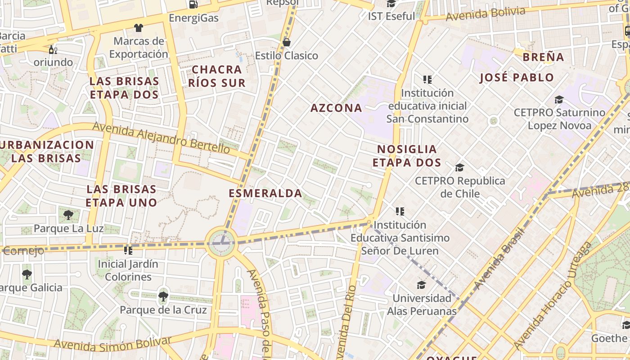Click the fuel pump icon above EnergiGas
pyautogui.click(x=193, y=4)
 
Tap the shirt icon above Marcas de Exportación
pyautogui.click(x=138, y=28)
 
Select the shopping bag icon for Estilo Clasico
pyautogui.click(x=286, y=42)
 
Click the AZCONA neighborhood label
pyautogui.click(x=336, y=108)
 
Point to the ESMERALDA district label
pyautogui.click(x=265, y=193)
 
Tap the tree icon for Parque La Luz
pyautogui.click(x=68, y=215)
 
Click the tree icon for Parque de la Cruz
pyautogui.click(x=163, y=297)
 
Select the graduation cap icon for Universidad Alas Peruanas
pyautogui.click(x=421, y=285)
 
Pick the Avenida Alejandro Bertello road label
pyautogui.click(x=161, y=138)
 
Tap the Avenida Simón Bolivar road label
pyautogui.click(x=112, y=343)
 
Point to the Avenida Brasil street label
pyautogui.click(x=499, y=259)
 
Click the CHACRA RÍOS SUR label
pyautogui.click(x=216, y=76)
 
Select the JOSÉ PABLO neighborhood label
pyautogui.click(x=517, y=77)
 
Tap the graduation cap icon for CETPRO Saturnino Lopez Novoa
pyautogui.click(x=559, y=99)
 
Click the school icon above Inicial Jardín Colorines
pyautogui.click(x=128, y=250)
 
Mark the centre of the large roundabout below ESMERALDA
pyautogui.click(x=220, y=243)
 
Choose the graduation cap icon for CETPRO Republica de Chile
pyautogui.click(x=459, y=168)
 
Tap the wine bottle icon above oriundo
pyautogui.click(x=53, y=49)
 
